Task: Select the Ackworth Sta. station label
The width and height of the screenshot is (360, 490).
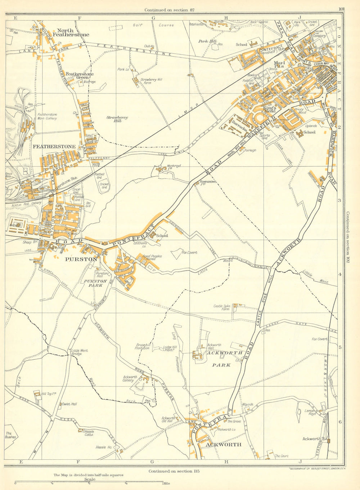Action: click(314, 439)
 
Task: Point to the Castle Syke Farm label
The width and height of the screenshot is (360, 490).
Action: click(221, 307)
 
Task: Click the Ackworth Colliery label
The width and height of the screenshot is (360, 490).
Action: click(130, 379)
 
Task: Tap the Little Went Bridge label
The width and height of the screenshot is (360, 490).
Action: click(80, 352)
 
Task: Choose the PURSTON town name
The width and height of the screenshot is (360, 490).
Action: click(86, 259)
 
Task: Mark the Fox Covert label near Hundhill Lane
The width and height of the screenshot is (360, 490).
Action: click(189, 252)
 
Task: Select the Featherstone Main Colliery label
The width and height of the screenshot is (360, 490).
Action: click(47, 116)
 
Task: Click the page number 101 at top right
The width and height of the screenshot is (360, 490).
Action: click(341, 9)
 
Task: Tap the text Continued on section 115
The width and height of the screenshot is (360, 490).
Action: click(174, 471)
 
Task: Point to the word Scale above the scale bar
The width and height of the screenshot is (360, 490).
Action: click(90, 479)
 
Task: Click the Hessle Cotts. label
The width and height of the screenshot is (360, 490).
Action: click(89, 433)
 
